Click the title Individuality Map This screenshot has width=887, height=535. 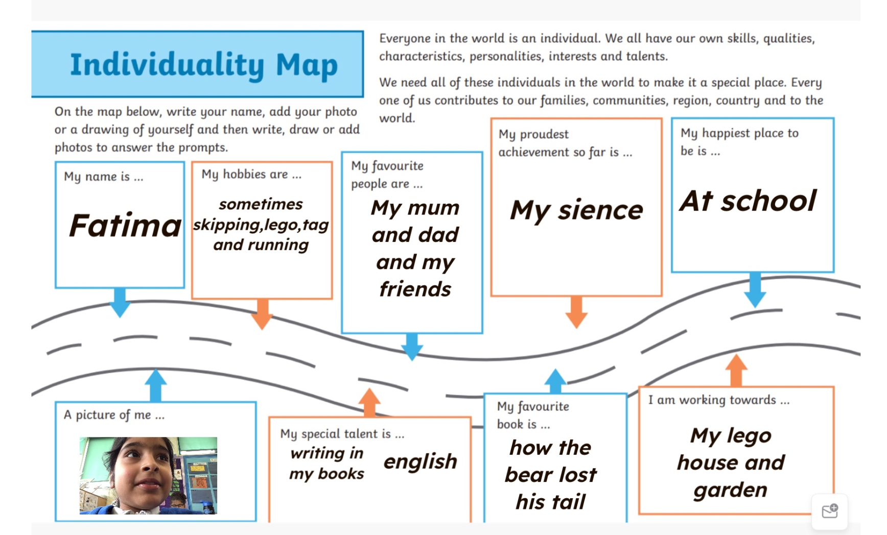[x=204, y=65]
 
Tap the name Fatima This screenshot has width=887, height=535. [x=125, y=225]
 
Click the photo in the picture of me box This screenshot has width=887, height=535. [x=148, y=475]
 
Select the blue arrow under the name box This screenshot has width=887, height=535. [x=120, y=302]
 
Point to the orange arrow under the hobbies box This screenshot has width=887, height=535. [x=262, y=314]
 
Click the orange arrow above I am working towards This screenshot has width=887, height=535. [x=736, y=371]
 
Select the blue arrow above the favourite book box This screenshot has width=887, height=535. [x=555, y=381]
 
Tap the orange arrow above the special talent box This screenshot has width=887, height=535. [x=369, y=403]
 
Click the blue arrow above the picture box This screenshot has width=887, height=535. [x=156, y=385]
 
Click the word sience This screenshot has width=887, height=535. [x=600, y=210]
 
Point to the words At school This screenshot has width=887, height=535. [x=749, y=201]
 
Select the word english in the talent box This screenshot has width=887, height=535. [x=421, y=461]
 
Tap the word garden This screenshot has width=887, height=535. [x=731, y=490]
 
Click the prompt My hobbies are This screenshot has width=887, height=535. [x=251, y=175]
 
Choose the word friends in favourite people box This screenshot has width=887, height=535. [x=415, y=289]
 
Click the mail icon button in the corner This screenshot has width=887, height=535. [x=830, y=511]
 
